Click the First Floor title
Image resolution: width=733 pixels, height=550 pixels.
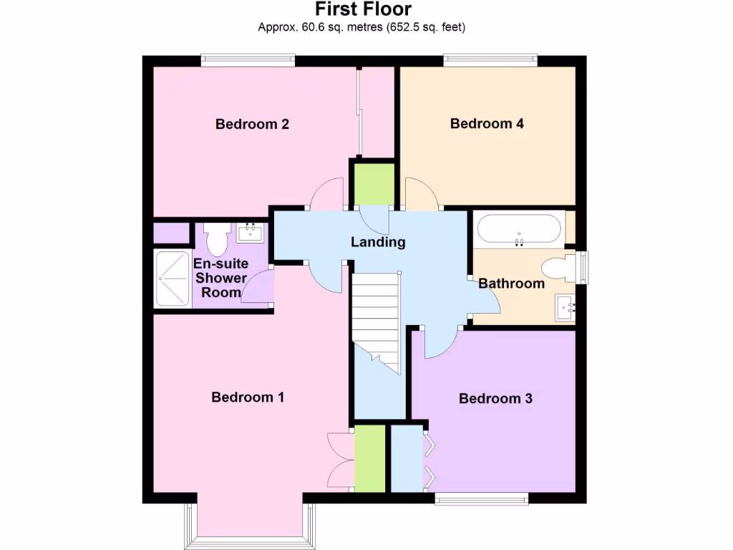pyautogui.click(x=363, y=9)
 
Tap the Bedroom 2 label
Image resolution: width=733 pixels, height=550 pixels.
pyautogui.click(x=252, y=124)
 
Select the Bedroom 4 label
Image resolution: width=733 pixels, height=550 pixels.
pyautogui.click(x=487, y=123)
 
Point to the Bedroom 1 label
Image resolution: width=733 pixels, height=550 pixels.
pyautogui.click(x=248, y=397)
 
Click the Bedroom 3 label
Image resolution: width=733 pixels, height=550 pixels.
pyautogui.click(x=495, y=398)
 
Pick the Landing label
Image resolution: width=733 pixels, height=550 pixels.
pyautogui.click(x=378, y=242)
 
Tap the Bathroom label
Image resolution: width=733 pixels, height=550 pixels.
pyautogui.click(x=511, y=283)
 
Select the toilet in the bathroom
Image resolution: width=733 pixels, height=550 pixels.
pyautogui.click(x=559, y=269)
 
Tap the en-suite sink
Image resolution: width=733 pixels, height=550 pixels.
pyautogui.click(x=251, y=232)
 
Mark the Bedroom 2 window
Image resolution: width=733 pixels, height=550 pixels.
pyautogui.click(x=248, y=60)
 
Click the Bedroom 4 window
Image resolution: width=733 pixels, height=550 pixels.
pyautogui.click(x=490, y=60)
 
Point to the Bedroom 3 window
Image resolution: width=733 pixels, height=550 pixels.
pyautogui.click(x=481, y=498)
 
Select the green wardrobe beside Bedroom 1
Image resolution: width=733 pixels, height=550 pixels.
pyautogui.click(x=370, y=458)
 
